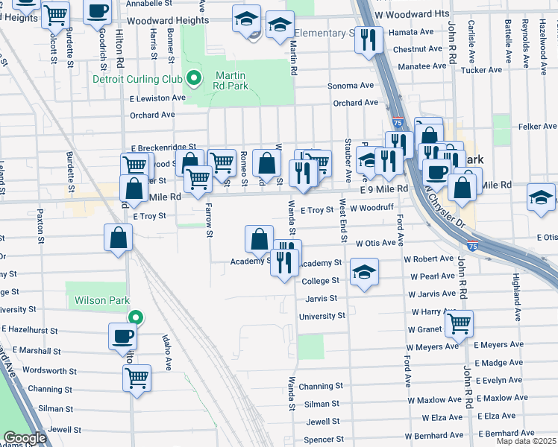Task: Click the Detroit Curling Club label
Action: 138,79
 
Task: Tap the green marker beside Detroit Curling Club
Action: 194,77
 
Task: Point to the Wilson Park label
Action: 98,301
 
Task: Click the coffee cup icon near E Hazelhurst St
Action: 122,336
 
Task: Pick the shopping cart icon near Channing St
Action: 137,378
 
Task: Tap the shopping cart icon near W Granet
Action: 459,323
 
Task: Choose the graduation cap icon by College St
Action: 365,272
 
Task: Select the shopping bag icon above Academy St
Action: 259,238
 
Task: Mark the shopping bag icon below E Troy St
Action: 119,238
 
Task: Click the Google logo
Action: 24,438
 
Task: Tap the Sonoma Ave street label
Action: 351,86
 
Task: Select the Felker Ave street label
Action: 537,127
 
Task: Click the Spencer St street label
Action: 323,440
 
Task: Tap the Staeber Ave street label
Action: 348,156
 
